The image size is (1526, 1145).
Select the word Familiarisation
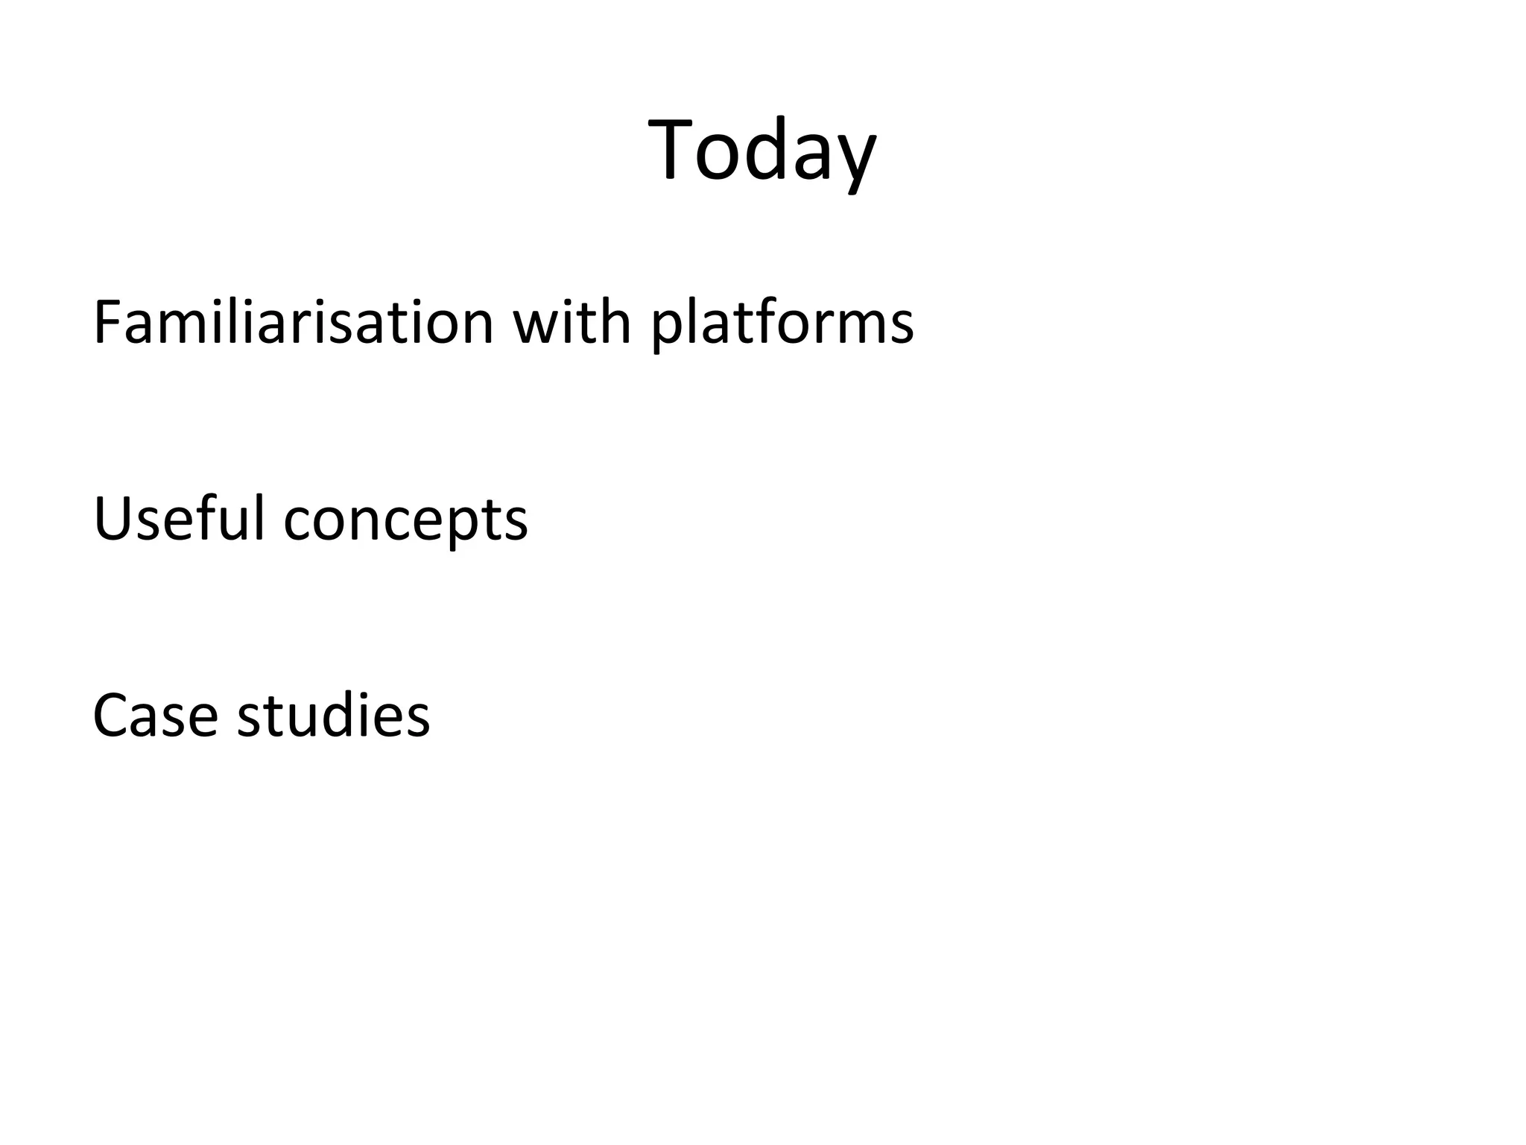[294, 323]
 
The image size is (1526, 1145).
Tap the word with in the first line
[572, 323]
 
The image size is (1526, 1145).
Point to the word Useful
[179, 519]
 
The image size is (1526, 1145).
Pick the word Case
[155, 716]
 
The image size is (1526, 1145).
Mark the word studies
[333, 716]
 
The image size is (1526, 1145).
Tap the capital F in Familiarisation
[107, 323]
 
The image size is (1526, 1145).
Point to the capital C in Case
[112, 716]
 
